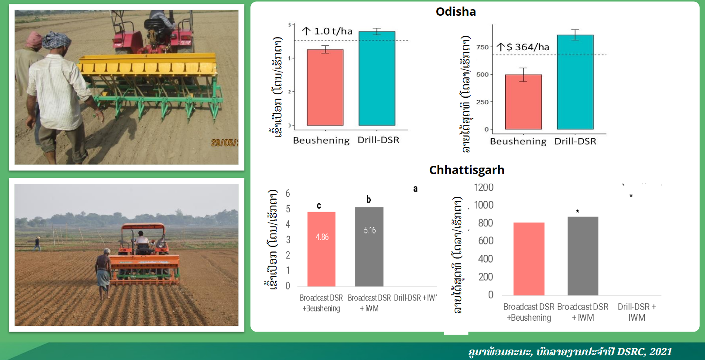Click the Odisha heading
click(455, 12)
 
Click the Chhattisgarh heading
click(466, 170)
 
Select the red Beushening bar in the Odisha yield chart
click(325, 87)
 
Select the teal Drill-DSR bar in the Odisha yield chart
click(377, 79)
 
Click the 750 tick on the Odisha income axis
click(483, 47)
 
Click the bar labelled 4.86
click(322, 249)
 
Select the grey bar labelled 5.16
click(369, 247)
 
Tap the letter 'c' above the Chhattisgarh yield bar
click(319, 206)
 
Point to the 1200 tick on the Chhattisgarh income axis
click(483, 188)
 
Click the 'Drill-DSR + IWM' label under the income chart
click(637, 312)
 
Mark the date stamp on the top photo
click(224, 143)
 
